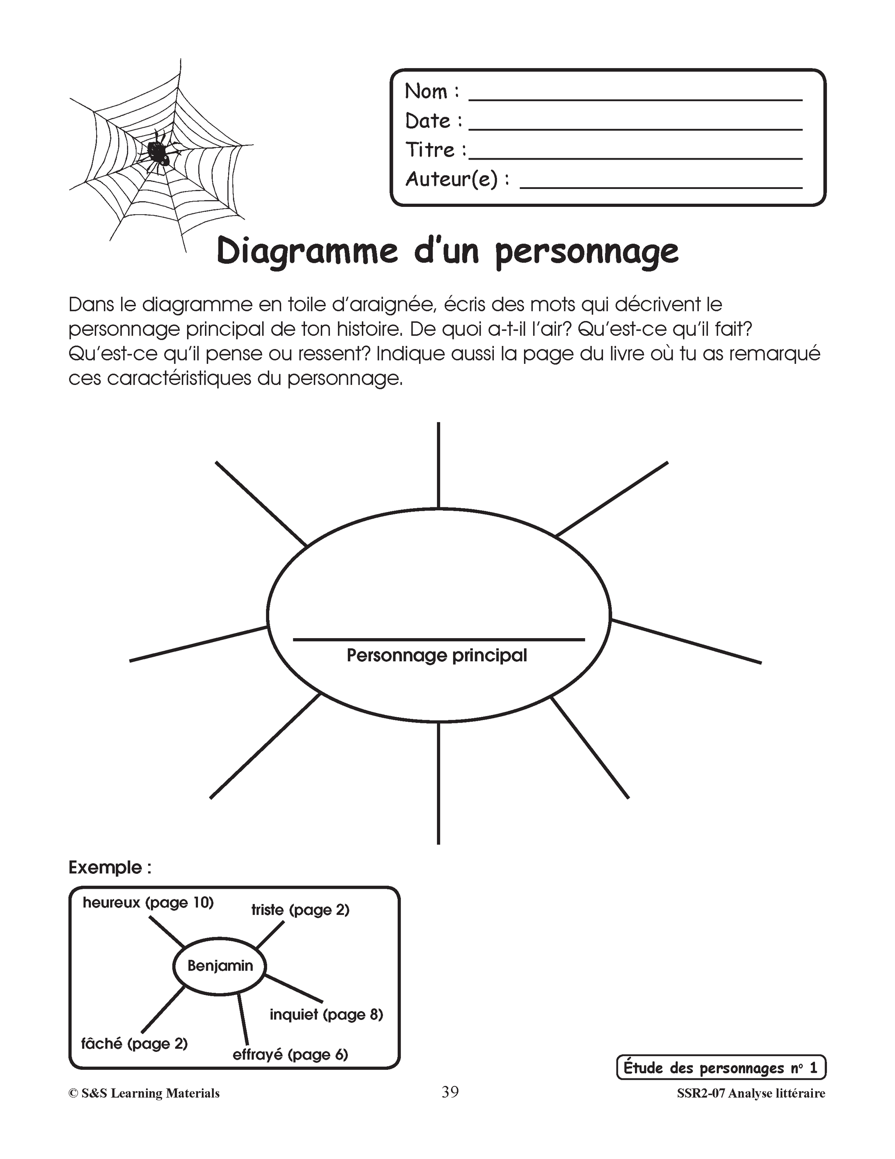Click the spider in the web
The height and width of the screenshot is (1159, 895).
tap(158, 153)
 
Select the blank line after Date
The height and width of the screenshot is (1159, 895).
tap(635, 129)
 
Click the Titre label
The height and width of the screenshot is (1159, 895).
tap(435, 150)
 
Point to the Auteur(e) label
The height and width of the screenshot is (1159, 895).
tap(457, 179)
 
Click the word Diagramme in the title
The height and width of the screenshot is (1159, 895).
tap(307, 251)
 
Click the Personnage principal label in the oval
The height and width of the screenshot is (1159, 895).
tap(437, 656)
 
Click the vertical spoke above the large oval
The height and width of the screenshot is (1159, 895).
tap(438, 465)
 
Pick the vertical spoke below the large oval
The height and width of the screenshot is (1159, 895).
tap(438, 783)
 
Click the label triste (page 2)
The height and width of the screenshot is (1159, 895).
tap(300, 910)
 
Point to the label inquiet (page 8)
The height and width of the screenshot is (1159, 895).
tap(326, 1015)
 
